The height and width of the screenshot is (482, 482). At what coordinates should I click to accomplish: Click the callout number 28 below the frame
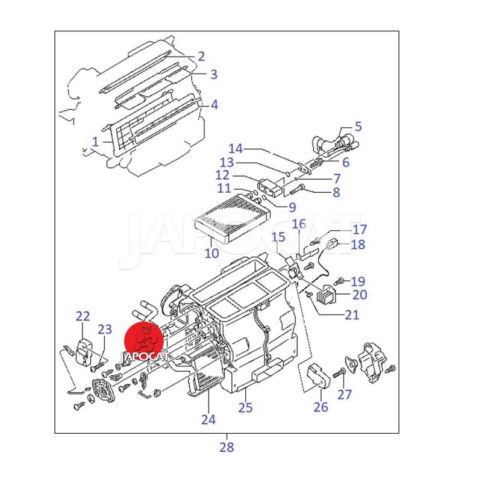[227, 448]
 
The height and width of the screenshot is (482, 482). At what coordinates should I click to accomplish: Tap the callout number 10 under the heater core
[211, 253]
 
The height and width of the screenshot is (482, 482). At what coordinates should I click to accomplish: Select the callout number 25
[245, 407]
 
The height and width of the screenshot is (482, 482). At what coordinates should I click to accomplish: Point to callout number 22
[83, 316]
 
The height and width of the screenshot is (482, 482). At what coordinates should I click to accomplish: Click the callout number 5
[358, 127]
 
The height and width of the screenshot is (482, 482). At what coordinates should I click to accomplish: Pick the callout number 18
[358, 244]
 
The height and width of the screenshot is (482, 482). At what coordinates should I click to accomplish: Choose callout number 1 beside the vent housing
[95, 142]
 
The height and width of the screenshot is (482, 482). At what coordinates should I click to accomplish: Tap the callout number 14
[235, 149]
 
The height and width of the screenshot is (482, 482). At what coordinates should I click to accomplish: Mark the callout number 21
[352, 315]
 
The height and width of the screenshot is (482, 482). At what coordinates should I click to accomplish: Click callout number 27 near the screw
[344, 394]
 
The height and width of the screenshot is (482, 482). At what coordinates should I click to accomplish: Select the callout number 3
[213, 74]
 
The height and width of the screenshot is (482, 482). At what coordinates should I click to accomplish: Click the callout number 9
[292, 208]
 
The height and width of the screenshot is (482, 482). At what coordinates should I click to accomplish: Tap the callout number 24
[208, 419]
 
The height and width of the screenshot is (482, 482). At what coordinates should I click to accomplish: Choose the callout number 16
[299, 225]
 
